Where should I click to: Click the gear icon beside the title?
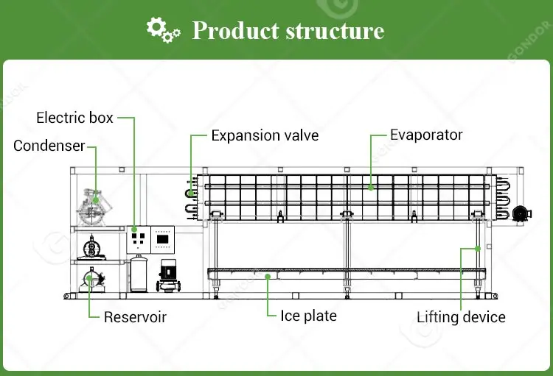pos(163,30)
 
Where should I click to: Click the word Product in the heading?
pos(236,30)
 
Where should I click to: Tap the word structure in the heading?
pos(335,31)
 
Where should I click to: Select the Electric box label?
pos(74,118)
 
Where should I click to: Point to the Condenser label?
pos(49,146)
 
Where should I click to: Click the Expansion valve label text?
pos(265,135)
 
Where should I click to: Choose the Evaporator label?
pos(426,135)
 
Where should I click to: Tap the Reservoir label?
pos(135,317)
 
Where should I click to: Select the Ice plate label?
pos(309,316)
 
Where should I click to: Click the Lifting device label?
pos(461,317)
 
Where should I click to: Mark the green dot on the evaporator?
pos(371,188)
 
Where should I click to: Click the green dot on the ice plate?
pos(268,277)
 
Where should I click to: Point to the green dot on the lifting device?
pos(478,249)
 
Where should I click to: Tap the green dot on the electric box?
pos(134,230)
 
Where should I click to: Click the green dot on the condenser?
pos(95,200)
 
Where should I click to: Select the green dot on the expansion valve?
pos(191,193)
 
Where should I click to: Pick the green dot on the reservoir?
pos(89,278)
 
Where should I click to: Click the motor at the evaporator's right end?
pos(521,213)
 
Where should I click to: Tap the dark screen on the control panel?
pos(163,239)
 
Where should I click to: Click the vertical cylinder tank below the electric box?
pos(139,274)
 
